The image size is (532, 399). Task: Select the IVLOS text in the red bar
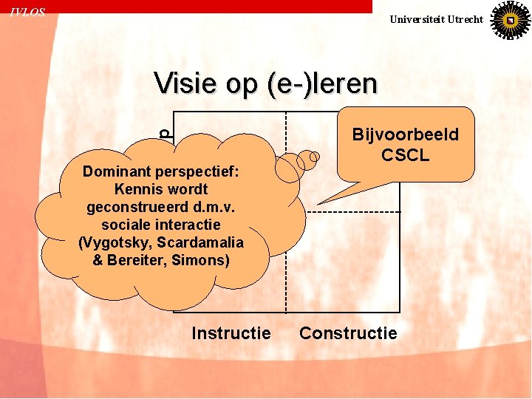(27, 13)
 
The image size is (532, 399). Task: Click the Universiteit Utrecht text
(436, 19)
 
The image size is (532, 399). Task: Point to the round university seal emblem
(510, 20)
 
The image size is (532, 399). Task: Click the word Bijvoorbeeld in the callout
(405, 135)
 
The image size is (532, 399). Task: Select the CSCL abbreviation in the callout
(405, 155)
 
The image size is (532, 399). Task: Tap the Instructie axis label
(231, 333)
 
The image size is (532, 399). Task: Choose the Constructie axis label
(348, 333)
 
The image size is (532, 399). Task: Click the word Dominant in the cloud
(113, 172)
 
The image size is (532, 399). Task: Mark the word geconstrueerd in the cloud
(131, 208)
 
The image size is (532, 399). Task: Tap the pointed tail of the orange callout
(327, 201)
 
